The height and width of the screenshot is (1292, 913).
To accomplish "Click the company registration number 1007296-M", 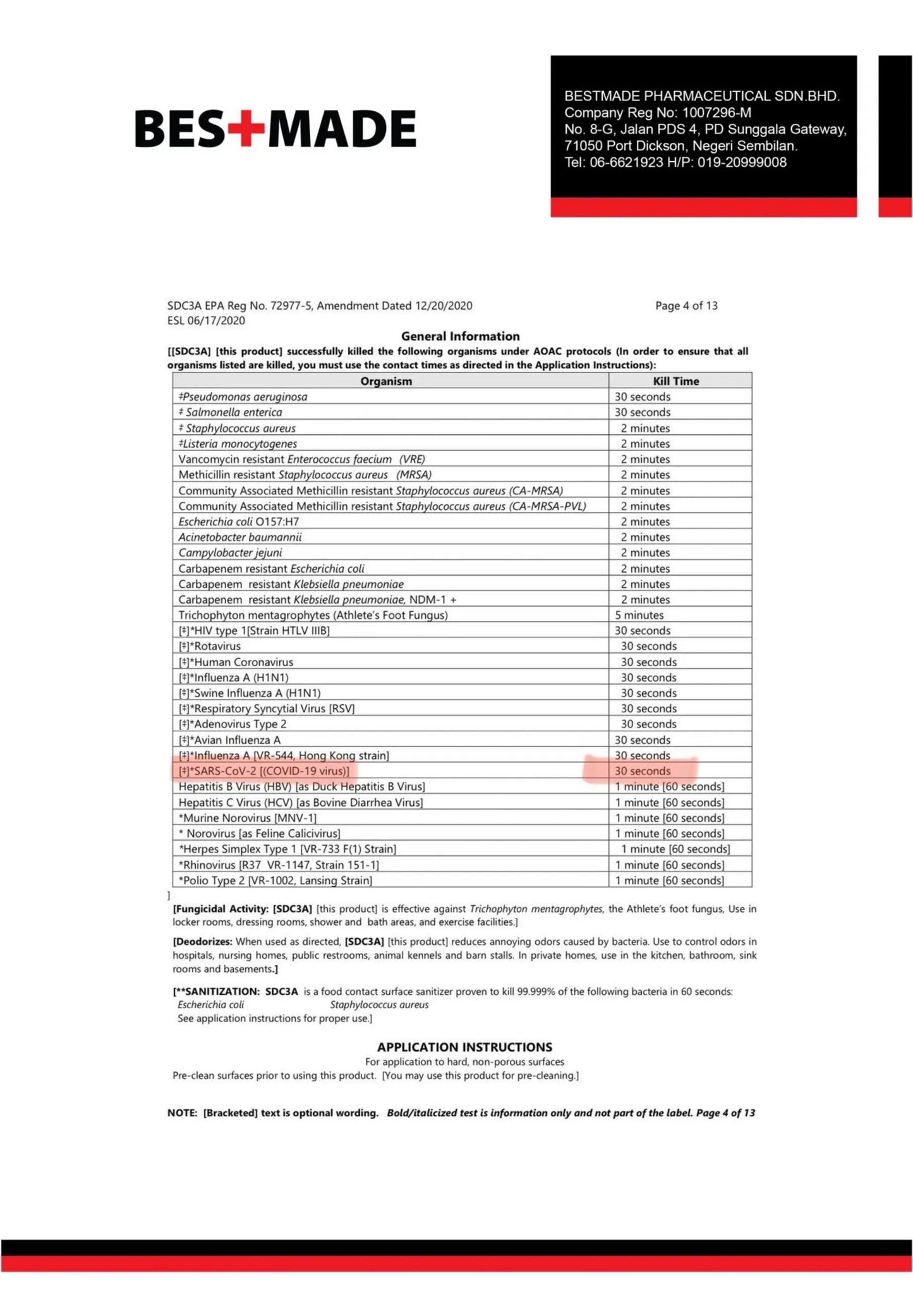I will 716,113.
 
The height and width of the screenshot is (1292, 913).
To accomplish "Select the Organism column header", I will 386,381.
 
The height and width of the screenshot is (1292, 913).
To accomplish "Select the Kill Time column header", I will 675,381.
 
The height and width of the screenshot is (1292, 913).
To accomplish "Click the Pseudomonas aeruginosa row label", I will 243,397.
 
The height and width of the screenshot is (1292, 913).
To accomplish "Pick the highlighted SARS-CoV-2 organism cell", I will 264,771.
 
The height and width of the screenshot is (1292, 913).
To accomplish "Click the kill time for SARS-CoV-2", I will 642,771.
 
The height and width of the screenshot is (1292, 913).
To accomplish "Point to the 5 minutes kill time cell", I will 639,615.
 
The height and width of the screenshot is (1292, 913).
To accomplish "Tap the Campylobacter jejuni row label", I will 230,552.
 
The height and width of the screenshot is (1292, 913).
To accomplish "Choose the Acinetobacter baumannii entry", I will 239,537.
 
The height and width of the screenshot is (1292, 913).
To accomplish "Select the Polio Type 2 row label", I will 275,881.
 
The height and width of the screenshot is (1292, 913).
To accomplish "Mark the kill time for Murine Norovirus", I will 670,818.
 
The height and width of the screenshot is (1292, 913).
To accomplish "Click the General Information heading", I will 460,336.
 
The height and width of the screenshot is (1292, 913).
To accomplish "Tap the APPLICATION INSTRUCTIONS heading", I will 464,1047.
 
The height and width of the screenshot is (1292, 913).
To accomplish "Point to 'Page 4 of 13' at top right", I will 686,306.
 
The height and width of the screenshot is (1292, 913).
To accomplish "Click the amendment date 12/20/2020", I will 444,306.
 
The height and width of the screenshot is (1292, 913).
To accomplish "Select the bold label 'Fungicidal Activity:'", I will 221,909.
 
